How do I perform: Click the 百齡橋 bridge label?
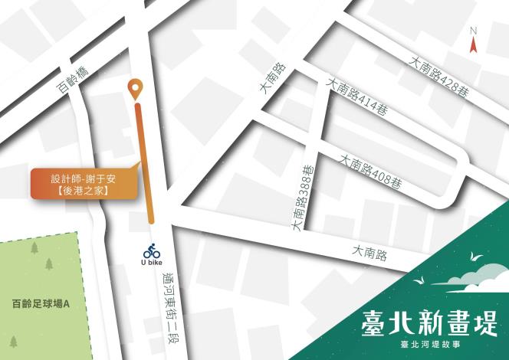[74, 80]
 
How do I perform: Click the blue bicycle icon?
[151, 250]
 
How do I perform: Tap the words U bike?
[151, 263]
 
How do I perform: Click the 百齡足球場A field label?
[35, 303]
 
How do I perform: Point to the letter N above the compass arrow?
[474, 31]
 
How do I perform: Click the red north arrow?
[474, 44]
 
